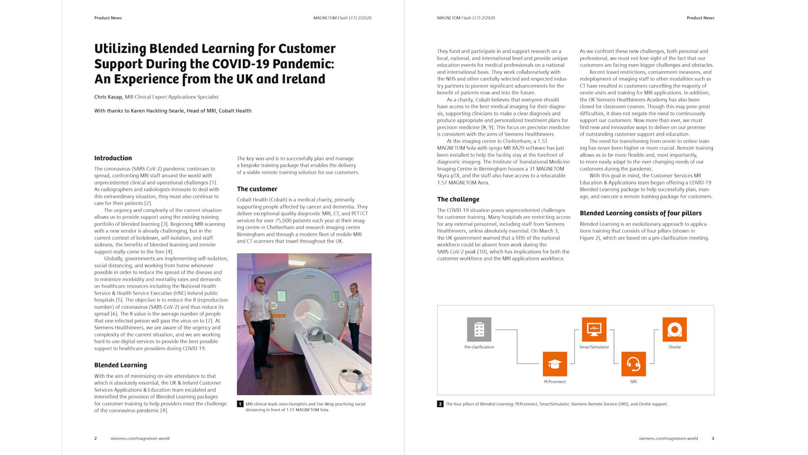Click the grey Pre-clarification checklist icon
479,329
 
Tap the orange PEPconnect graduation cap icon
555,364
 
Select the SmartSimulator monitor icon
594,329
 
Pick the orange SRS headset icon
633,364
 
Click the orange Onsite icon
674,329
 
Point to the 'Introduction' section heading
113,158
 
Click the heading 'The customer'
257,189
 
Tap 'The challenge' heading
458,199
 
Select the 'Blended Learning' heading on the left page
120,365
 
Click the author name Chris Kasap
109,97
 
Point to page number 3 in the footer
713,439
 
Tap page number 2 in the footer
96,439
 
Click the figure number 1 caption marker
240,404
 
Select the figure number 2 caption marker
440,404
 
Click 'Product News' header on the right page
700,18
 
